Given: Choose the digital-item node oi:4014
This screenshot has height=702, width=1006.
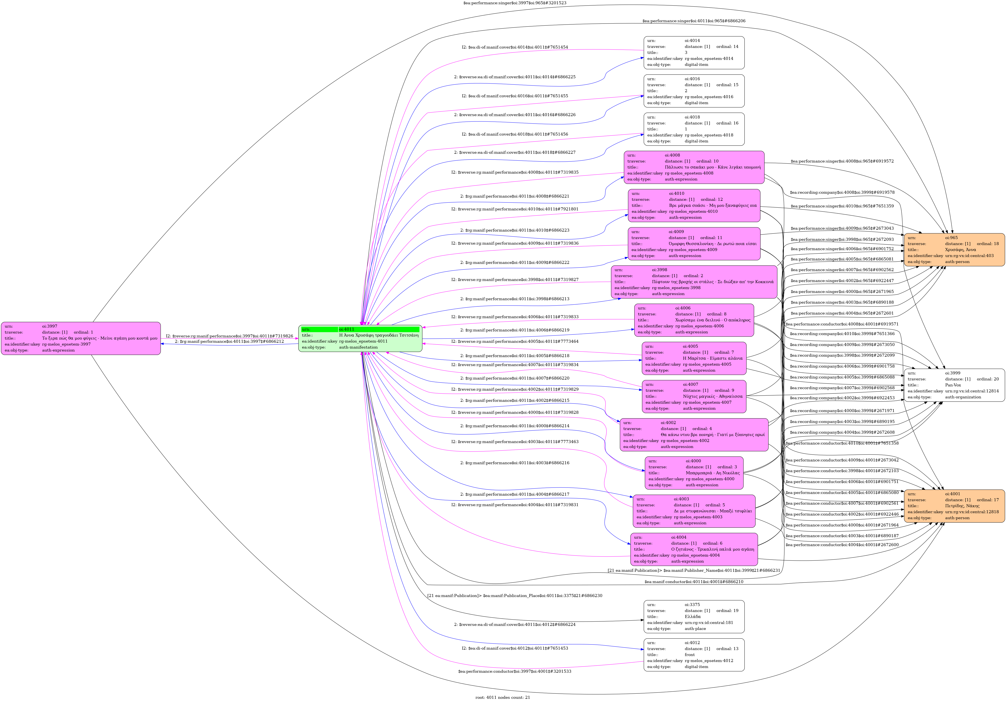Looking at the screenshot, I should point(694,53).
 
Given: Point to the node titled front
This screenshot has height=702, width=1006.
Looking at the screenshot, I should point(694,655).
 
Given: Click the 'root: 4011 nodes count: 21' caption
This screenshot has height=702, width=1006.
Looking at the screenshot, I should point(502,697).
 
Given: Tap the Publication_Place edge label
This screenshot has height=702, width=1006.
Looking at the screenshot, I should point(514,596).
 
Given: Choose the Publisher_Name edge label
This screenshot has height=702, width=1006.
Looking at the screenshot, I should point(694,571).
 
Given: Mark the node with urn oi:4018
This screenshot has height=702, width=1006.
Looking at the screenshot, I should point(694,129).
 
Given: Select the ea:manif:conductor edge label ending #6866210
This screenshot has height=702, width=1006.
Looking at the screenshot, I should point(694,582).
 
